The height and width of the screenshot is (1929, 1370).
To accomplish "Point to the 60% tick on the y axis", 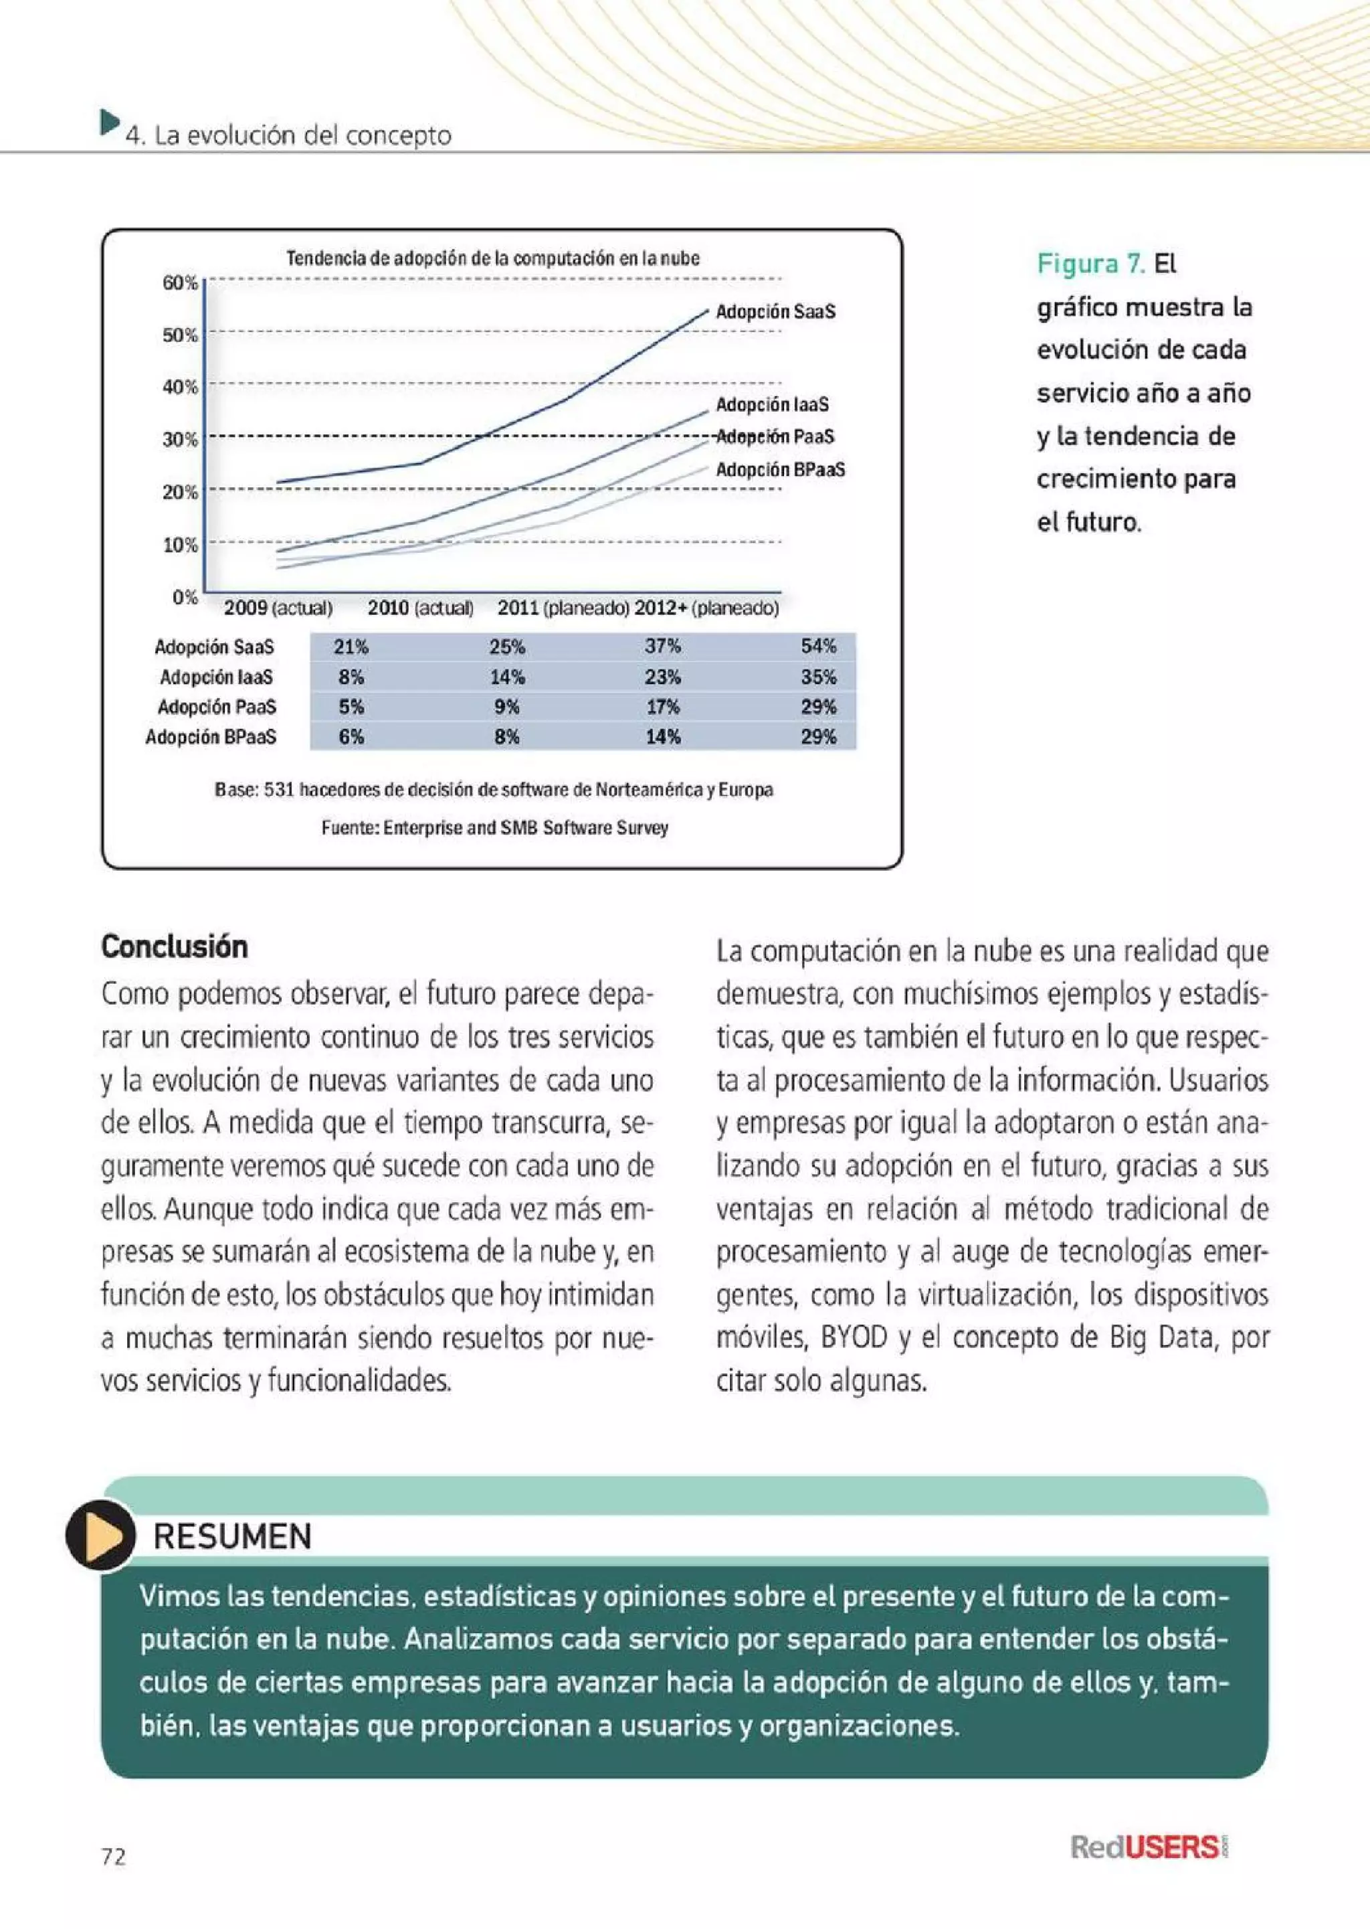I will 180,284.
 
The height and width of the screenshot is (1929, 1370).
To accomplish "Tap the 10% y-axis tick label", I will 180,545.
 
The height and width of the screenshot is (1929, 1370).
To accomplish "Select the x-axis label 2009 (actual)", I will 278,608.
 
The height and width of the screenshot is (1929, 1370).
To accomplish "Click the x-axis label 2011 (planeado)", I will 563,608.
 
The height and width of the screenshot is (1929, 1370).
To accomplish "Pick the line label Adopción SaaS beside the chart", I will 775,311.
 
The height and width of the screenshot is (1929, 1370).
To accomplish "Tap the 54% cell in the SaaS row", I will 818,647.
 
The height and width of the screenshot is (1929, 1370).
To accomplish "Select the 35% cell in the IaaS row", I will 818,677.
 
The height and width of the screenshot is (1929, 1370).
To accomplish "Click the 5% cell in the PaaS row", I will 351,707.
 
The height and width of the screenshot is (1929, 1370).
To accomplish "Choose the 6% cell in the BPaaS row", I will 351,737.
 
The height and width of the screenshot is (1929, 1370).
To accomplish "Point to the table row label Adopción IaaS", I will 216,677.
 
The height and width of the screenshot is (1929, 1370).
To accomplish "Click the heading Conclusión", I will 175,947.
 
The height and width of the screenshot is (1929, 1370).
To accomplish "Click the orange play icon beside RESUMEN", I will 100,1534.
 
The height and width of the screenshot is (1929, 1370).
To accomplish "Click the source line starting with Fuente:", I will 494,828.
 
